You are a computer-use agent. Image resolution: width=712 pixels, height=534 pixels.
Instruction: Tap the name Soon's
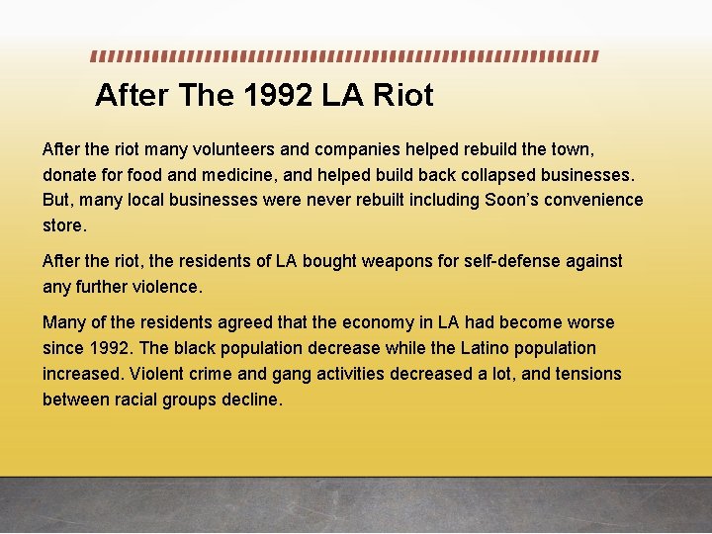click(513, 201)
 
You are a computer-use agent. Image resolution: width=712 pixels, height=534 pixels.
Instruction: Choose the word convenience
click(595, 201)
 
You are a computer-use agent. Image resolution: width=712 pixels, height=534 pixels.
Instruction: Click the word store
click(64, 226)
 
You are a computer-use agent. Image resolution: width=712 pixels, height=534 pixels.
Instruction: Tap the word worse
click(589, 322)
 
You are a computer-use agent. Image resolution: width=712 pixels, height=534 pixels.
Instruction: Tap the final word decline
click(253, 400)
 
